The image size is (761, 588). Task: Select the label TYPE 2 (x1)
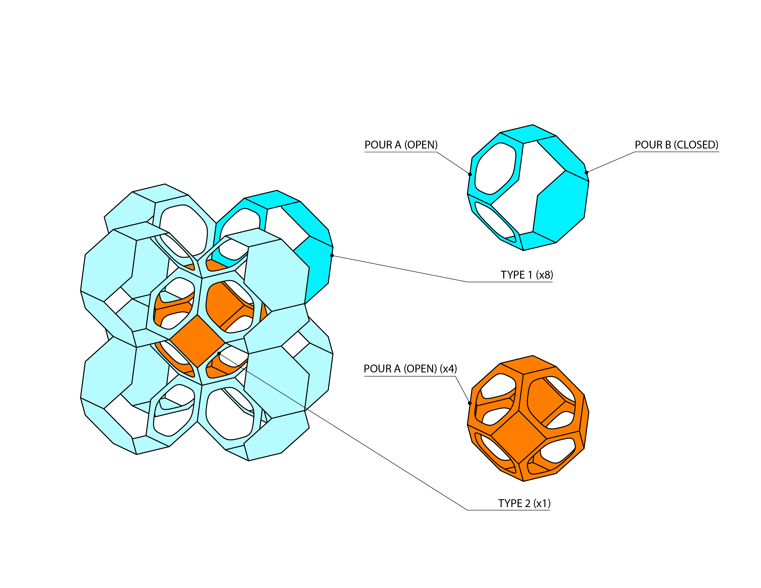pyautogui.click(x=524, y=503)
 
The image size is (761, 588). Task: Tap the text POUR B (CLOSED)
pyautogui.click(x=676, y=145)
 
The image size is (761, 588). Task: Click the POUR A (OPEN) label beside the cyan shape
pyautogui.click(x=401, y=145)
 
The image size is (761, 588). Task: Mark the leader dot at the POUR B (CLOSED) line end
pyautogui.click(x=586, y=172)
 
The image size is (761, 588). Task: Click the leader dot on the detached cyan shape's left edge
pyautogui.click(x=470, y=174)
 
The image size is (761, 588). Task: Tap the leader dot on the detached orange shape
pyautogui.click(x=470, y=403)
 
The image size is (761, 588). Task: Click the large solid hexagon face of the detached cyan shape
pyautogui.click(x=561, y=206)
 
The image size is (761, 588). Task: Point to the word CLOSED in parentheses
pyautogui.click(x=696, y=145)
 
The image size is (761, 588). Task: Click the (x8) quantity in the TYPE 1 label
pyautogui.click(x=544, y=275)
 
